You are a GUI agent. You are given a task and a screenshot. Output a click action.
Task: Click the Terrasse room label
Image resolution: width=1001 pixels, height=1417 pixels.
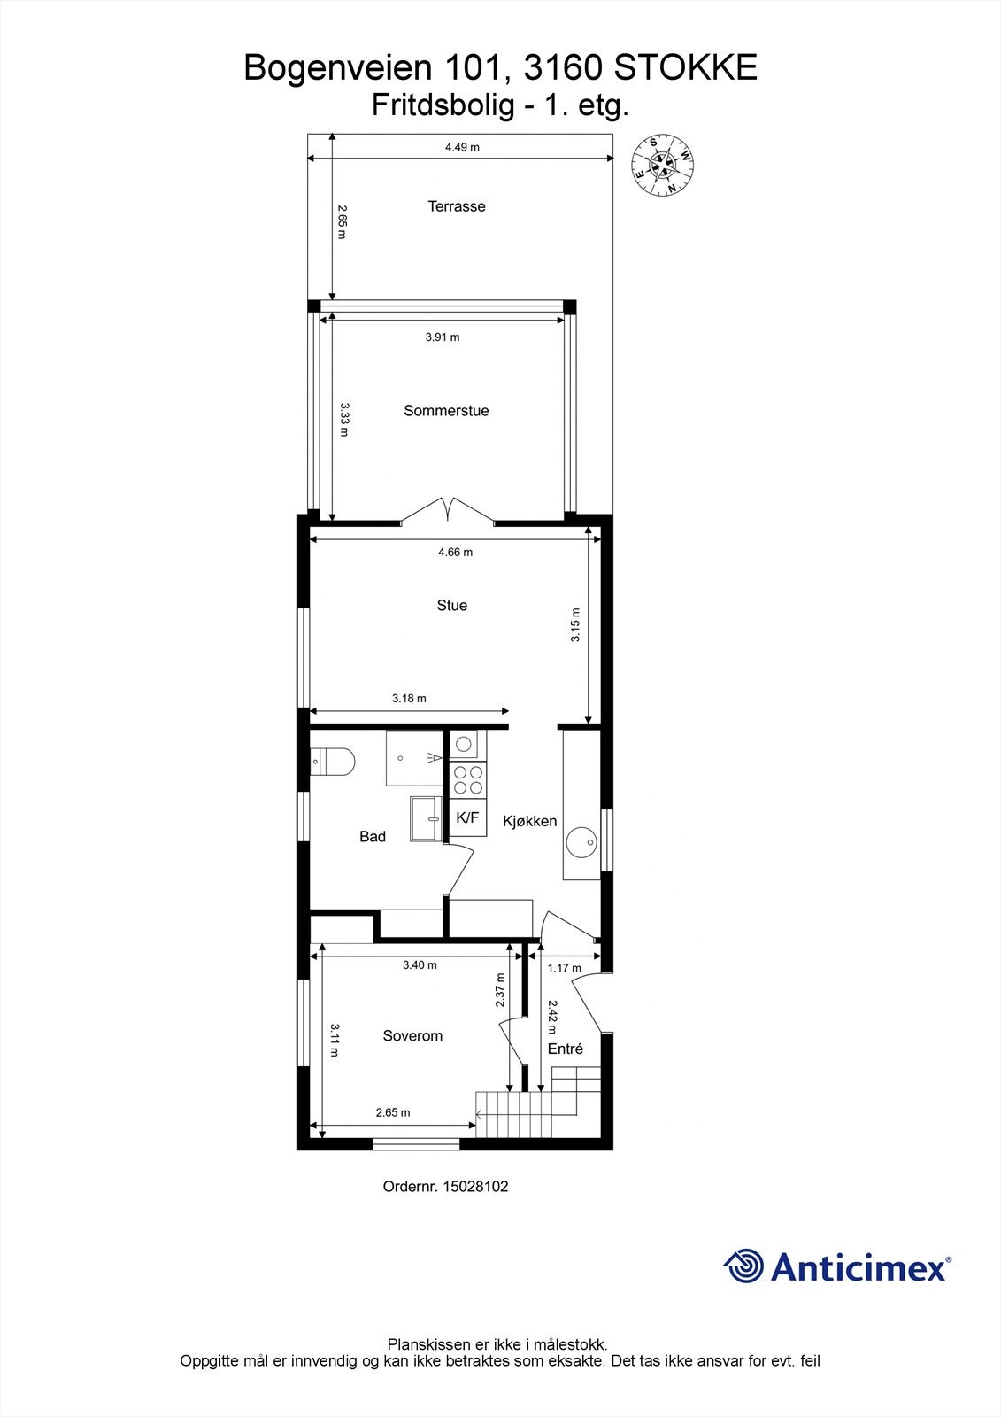click(x=457, y=206)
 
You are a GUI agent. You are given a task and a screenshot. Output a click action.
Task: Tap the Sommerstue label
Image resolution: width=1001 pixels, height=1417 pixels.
click(x=446, y=411)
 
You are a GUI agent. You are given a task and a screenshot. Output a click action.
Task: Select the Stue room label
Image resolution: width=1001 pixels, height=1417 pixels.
click(x=451, y=606)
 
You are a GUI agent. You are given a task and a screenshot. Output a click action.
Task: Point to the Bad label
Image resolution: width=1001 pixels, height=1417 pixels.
click(x=373, y=837)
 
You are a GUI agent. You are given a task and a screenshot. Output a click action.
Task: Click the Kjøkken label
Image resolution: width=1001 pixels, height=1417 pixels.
click(x=530, y=821)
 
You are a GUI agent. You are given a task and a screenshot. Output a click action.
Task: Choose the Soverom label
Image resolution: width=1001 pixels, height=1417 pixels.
click(x=412, y=1036)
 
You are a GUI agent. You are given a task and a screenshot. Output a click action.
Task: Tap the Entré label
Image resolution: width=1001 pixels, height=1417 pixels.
click(x=566, y=1049)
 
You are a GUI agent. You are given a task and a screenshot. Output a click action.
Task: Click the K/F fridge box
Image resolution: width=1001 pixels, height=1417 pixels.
click(x=467, y=818)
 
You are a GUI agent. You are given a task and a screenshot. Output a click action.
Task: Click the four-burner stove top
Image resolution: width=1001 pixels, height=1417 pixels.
click(x=468, y=780)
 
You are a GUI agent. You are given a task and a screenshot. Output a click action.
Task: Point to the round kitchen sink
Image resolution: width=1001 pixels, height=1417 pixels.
click(x=581, y=842)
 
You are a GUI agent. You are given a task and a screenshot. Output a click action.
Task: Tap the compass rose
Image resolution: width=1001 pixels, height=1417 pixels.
click(x=661, y=166)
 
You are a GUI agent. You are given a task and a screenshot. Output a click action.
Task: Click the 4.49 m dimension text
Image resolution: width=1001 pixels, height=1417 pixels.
click(x=462, y=147)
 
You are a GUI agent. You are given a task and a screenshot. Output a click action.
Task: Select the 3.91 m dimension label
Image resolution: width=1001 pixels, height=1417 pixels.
click(x=443, y=337)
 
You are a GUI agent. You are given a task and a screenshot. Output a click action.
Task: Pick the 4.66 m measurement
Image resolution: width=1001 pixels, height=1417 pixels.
click(x=455, y=553)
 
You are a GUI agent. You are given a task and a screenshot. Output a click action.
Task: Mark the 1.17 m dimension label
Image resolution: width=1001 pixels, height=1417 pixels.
click(x=564, y=968)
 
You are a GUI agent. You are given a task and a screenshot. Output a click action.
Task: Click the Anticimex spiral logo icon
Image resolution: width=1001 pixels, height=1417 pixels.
click(x=743, y=1266)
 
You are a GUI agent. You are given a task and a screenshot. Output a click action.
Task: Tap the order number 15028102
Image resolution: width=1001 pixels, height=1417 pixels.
click(x=476, y=1187)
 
